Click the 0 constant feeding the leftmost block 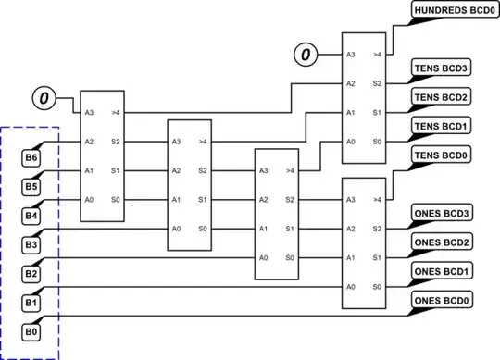pos(44,94)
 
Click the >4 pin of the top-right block pos(377,55)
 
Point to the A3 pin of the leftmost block pos(90,113)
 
